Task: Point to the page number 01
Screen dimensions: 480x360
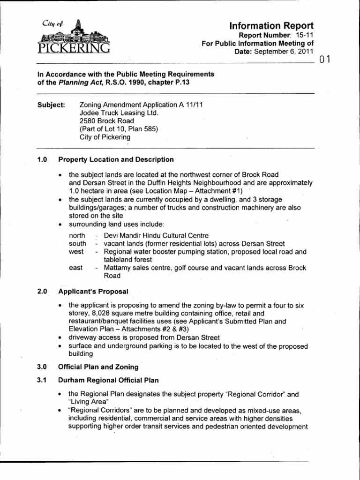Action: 325,60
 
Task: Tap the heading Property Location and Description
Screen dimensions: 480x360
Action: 116,159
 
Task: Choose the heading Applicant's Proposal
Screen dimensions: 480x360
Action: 93,291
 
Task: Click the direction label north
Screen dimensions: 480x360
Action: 77,235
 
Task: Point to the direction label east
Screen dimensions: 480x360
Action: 76,268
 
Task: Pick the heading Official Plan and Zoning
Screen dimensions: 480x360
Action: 98,367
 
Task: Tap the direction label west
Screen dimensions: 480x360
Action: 76,252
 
